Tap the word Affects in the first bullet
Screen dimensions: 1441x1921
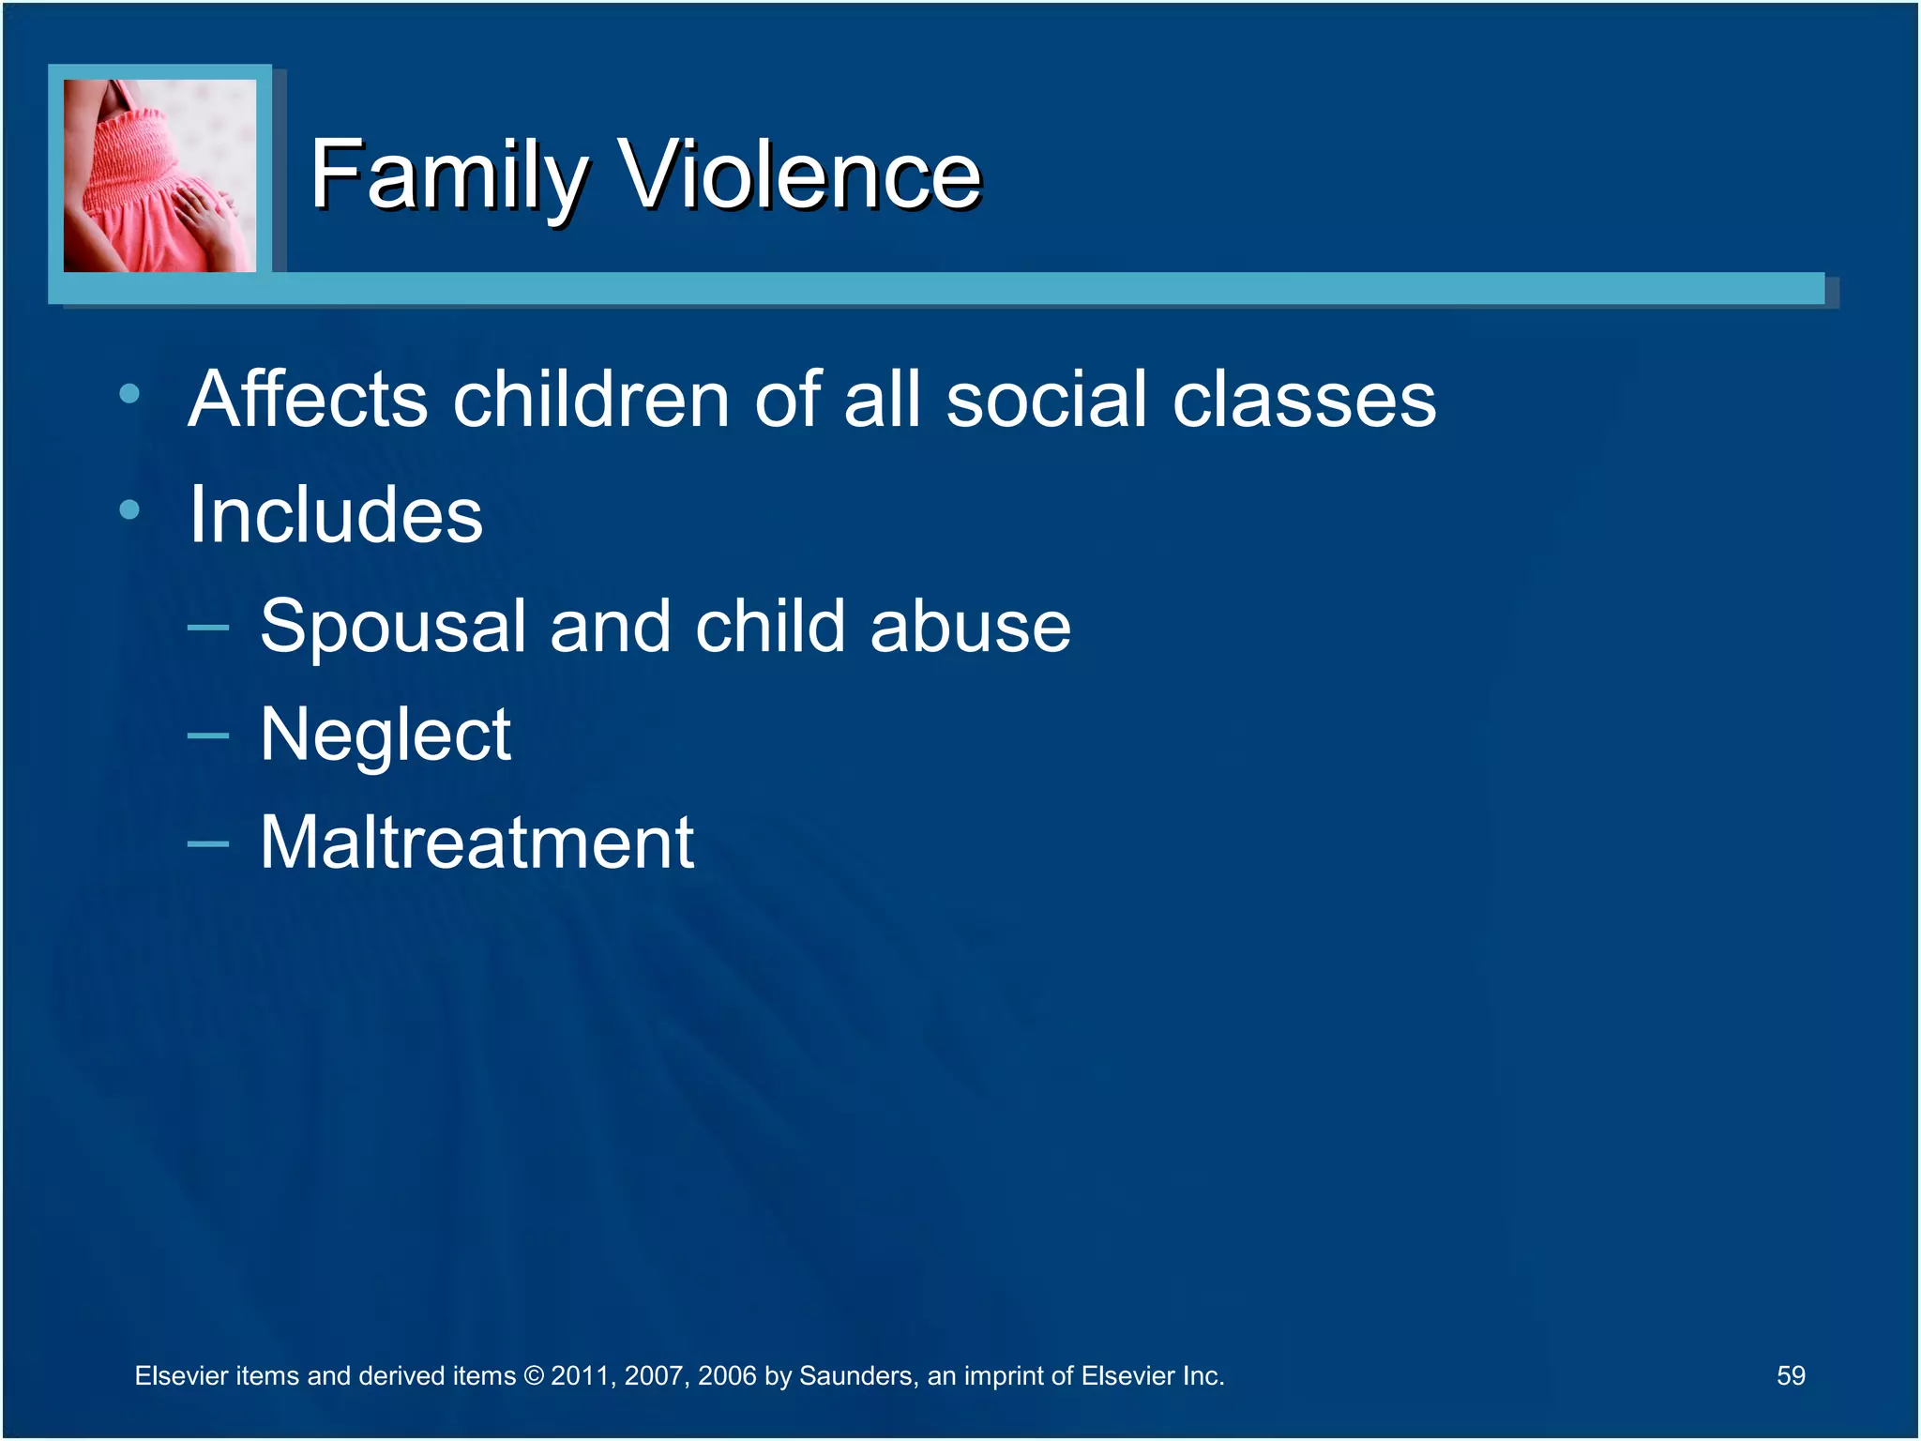308,399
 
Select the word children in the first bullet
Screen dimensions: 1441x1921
591,399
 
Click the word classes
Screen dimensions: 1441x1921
1304,401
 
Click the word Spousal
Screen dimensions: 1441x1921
392,628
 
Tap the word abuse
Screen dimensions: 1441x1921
970,626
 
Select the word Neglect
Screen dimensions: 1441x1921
386,736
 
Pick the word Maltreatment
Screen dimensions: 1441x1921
476,842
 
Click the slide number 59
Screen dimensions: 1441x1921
1790,1375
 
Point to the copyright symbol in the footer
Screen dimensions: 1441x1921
533,1376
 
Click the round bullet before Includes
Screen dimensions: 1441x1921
129,509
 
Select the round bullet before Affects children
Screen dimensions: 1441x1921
129,394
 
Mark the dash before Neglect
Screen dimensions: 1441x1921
208,736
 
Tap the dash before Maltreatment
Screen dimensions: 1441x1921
208,843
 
